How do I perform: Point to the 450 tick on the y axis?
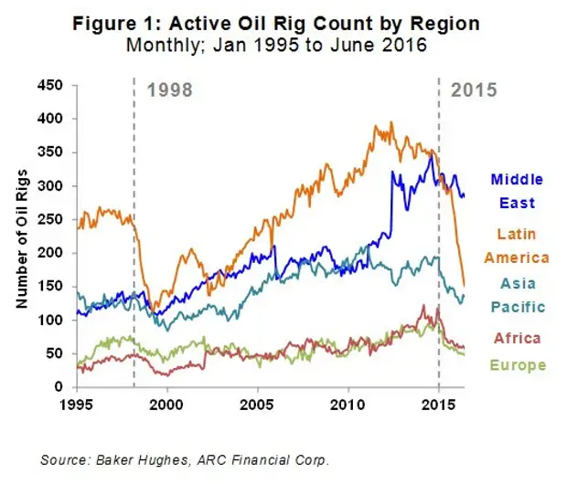54,86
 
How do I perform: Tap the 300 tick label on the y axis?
54,186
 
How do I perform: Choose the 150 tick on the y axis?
54,287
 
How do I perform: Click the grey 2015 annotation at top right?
474,90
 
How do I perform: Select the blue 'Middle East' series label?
517,191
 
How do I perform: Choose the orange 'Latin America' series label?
516,246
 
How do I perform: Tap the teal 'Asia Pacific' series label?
517,294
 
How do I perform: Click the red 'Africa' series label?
517,338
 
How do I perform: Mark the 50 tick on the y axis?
58,353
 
